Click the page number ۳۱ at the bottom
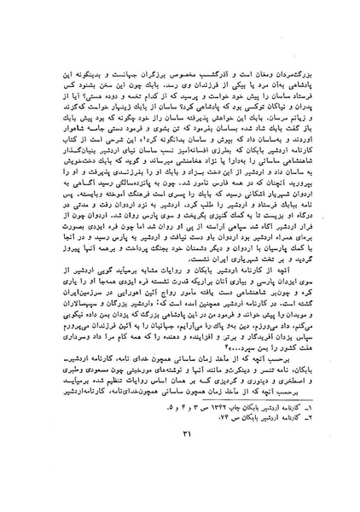coord(181,480)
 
